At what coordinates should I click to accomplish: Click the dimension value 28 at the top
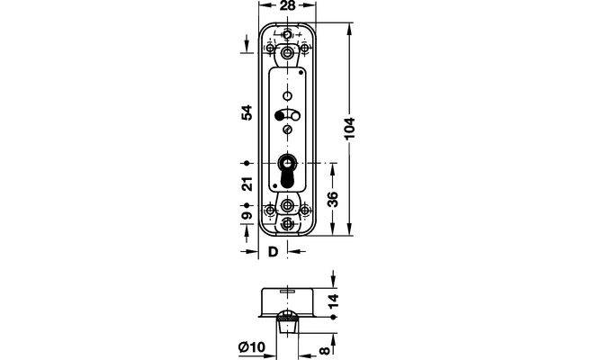point(288,5)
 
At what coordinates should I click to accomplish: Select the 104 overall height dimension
point(350,129)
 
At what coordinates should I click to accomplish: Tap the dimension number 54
point(247,112)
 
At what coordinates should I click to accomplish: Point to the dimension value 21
point(247,184)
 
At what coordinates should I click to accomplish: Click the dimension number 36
point(332,199)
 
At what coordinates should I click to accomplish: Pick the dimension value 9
point(247,215)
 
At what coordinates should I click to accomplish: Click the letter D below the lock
point(273,251)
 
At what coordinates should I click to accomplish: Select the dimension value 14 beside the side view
point(333,301)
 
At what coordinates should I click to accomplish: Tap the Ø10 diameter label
point(252,346)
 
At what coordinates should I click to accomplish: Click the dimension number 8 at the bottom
point(325,351)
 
